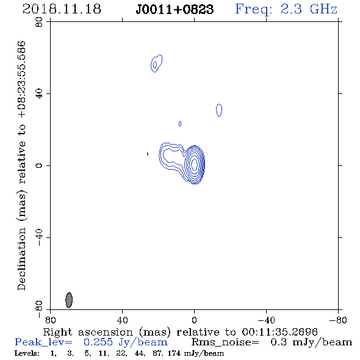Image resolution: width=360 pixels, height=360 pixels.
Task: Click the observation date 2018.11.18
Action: [x=62, y=9]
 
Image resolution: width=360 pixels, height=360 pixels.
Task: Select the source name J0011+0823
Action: [x=175, y=10]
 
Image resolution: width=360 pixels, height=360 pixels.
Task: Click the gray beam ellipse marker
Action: [x=69, y=300]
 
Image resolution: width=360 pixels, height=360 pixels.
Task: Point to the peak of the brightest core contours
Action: [x=194, y=164]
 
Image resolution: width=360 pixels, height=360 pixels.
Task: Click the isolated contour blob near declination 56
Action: [x=156, y=63]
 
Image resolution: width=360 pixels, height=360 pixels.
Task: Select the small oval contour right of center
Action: [x=219, y=110]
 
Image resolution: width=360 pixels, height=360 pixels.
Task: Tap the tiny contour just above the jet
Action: [x=180, y=124]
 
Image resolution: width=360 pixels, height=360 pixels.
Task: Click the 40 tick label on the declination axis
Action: [x=39, y=94]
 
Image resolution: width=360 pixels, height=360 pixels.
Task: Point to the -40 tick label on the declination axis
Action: [x=39, y=237]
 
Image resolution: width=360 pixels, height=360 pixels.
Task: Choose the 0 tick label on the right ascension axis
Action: [x=194, y=320]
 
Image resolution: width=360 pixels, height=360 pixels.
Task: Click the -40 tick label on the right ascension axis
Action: [x=266, y=320]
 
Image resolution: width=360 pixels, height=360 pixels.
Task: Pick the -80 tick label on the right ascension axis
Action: [x=338, y=320]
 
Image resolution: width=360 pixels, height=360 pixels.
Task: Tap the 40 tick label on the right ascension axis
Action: [x=122, y=320]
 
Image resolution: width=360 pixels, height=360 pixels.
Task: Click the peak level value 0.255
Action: [x=98, y=342]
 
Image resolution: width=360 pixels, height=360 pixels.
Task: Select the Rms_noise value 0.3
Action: [x=278, y=342]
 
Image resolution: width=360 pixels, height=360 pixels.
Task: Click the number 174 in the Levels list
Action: [x=174, y=353]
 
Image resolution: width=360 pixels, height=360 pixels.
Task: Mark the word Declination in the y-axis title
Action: [x=21, y=259]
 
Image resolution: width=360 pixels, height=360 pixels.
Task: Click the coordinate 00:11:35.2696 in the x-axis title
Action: [x=279, y=332]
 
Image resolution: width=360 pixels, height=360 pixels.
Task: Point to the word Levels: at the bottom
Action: [x=27, y=353]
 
